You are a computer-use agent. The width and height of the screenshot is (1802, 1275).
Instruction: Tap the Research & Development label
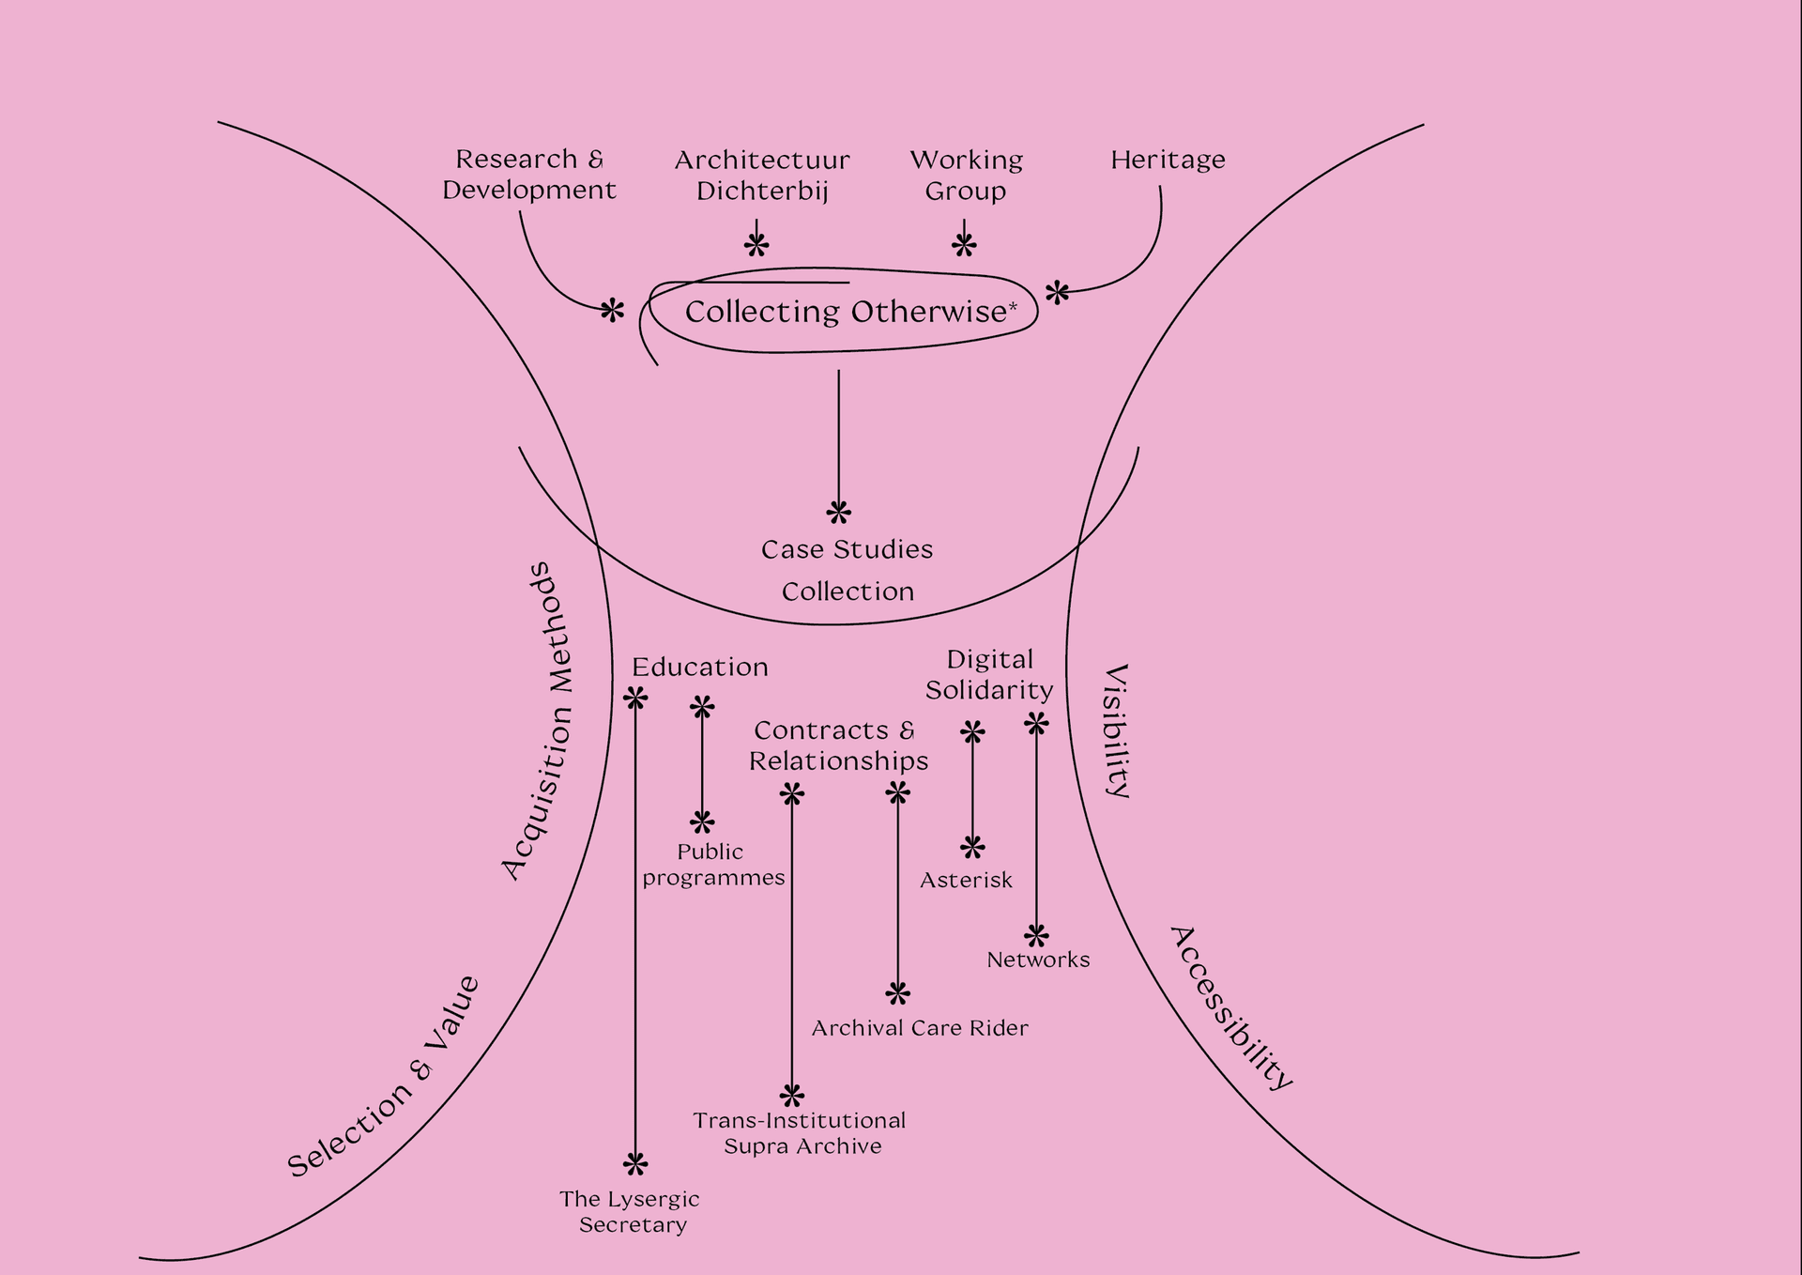(529, 175)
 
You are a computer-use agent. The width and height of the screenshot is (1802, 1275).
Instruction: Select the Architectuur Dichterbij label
(762, 176)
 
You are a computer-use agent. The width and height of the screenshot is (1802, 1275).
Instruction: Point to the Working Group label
(966, 176)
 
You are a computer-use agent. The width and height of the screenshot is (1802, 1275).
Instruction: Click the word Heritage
(1168, 161)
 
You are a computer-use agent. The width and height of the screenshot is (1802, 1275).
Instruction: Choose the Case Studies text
(847, 549)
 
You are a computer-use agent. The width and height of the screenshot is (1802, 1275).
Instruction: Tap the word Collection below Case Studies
(848, 591)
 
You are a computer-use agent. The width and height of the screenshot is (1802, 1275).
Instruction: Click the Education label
(699, 668)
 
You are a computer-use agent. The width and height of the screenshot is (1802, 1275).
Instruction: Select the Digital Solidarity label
(989, 675)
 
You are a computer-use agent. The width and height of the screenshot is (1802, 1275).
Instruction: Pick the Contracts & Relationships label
(837, 745)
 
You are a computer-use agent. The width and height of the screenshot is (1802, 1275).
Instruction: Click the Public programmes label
(712, 865)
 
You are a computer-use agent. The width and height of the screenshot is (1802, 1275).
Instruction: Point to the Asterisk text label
(966, 881)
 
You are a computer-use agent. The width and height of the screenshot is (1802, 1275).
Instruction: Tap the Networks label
(1038, 960)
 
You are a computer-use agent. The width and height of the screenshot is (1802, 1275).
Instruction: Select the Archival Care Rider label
(920, 1028)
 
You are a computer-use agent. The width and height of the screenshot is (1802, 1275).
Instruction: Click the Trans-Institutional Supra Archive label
(801, 1133)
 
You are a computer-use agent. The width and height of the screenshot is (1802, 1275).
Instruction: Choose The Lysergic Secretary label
(631, 1211)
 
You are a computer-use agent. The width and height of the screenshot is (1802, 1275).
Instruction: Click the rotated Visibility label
(1116, 730)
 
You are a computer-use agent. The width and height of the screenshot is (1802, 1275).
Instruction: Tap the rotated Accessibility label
(1231, 1007)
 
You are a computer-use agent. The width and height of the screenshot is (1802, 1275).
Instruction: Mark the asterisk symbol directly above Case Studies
(838, 513)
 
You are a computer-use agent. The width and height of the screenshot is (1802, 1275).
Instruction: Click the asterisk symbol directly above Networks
(1036, 936)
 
